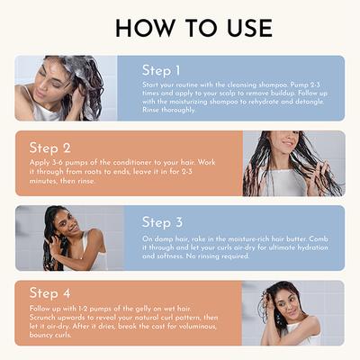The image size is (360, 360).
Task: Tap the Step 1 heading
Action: (162, 70)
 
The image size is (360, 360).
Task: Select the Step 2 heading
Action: (49, 148)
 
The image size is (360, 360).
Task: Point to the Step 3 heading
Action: (162, 222)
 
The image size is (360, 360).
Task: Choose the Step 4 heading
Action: (49, 294)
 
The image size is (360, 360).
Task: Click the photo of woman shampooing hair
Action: (66, 88)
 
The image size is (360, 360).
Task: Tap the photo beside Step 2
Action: (292, 163)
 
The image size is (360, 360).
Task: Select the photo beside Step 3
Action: (66, 238)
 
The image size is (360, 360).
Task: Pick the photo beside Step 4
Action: (292, 312)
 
